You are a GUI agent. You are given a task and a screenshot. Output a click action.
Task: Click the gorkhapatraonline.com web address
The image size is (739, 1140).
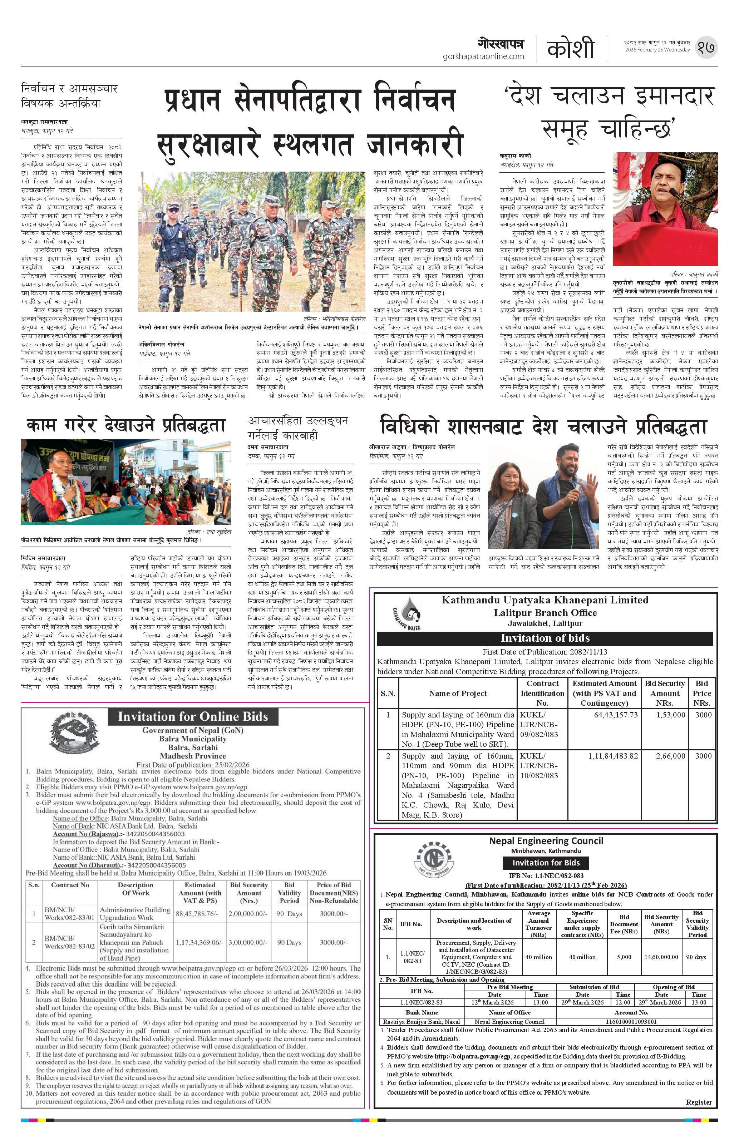point(483,56)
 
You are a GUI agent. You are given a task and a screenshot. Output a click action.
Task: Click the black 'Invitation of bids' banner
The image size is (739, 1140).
point(545,638)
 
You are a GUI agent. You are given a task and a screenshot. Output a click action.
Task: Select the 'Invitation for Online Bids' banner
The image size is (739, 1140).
point(193,717)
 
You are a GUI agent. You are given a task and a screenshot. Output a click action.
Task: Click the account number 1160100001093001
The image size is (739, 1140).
point(632,1022)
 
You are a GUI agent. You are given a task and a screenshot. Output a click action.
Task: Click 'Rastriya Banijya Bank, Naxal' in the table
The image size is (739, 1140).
point(422,1022)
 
